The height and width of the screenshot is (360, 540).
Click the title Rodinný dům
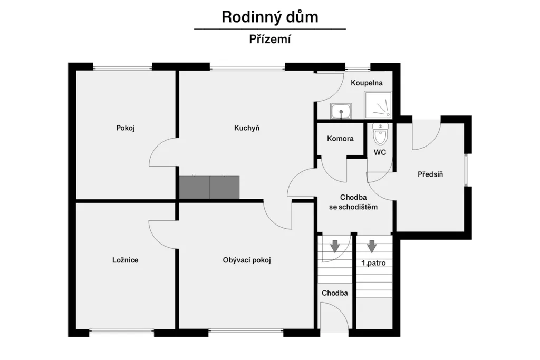click(x=270, y=17)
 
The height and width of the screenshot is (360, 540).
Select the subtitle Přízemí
click(x=270, y=39)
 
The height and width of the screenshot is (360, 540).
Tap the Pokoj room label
click(x=126, y=128)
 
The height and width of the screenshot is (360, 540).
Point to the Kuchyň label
click(x=247, y=128)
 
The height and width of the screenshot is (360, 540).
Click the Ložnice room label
click(x=126, y=260)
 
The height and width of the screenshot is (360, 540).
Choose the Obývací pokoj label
click(x=247, y=260)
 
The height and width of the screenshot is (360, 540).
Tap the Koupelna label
click(x=367, y=83)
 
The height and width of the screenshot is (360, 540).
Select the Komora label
click(x=340, y=139)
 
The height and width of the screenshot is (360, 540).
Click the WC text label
click(x=380, y=152)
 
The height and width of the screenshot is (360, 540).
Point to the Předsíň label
click(x=430, y=174)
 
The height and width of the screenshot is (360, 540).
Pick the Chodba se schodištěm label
click(x=353, y=202)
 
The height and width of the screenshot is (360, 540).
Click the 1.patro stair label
click(x=374, y=263)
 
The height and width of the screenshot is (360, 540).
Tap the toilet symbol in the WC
click(x=380, y=134)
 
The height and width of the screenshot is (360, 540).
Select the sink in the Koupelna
click(x=341, y=111)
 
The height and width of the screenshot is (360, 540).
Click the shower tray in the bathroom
click(x=378, y=104)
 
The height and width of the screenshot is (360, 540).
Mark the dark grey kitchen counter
click(x=209, y=187)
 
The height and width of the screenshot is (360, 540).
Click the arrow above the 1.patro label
click(x=372, y=246)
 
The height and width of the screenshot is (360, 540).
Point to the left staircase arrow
click(x=335, y=246)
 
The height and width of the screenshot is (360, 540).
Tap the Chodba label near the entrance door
click(x=335, y=293)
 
